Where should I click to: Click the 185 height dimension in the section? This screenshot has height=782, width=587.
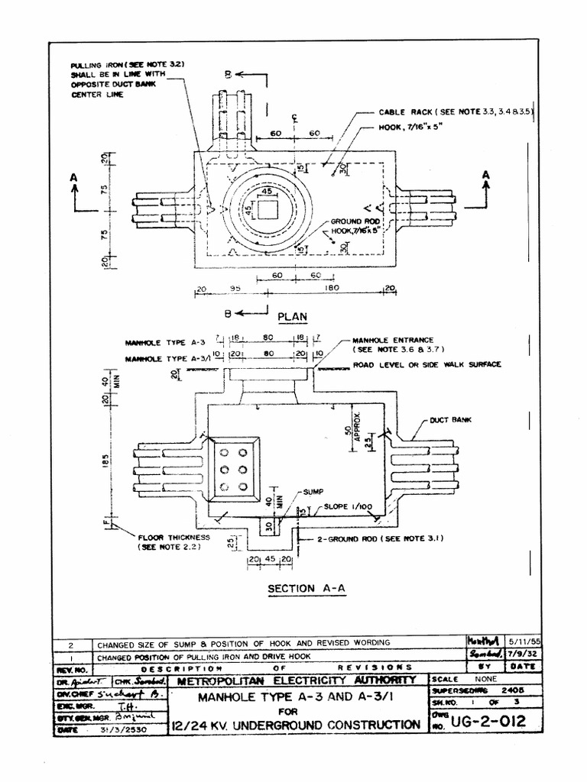pos(105,460)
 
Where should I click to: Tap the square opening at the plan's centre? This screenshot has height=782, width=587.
pos(268,208)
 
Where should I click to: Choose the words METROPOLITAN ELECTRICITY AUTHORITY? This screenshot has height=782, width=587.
pos(297,680)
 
